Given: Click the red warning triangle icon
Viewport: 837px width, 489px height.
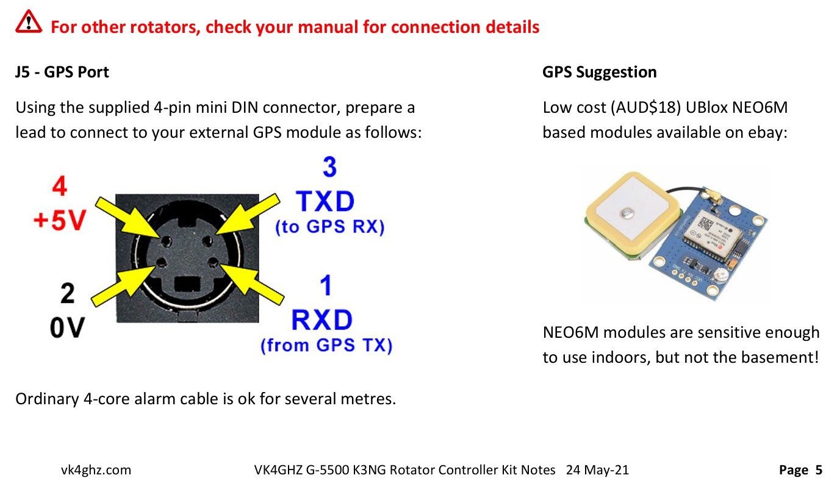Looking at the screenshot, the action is pos(29,22).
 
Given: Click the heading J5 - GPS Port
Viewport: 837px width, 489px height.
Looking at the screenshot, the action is pos(62,72).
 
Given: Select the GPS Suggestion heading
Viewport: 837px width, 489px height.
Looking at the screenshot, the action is pos(599,72).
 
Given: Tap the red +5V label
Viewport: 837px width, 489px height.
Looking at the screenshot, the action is pos(60,220).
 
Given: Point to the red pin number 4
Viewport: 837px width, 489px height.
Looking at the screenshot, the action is pos(60,186).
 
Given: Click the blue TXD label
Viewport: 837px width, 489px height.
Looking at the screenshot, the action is pos(325,201).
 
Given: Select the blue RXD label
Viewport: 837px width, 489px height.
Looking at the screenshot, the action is pos(322,319).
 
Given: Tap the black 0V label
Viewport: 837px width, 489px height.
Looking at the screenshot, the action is pos(67,327).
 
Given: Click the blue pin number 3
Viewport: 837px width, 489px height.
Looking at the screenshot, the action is pos(329,166).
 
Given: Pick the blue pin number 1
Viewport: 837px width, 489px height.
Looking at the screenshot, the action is pos(326,285).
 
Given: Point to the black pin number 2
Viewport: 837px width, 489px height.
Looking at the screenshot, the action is pos(68,293).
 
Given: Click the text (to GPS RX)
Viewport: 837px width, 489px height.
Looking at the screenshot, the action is pos(329,227).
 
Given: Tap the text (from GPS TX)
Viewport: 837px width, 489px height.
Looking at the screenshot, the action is pos(326,345).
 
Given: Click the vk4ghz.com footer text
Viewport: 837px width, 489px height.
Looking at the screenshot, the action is pos(96,469).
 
